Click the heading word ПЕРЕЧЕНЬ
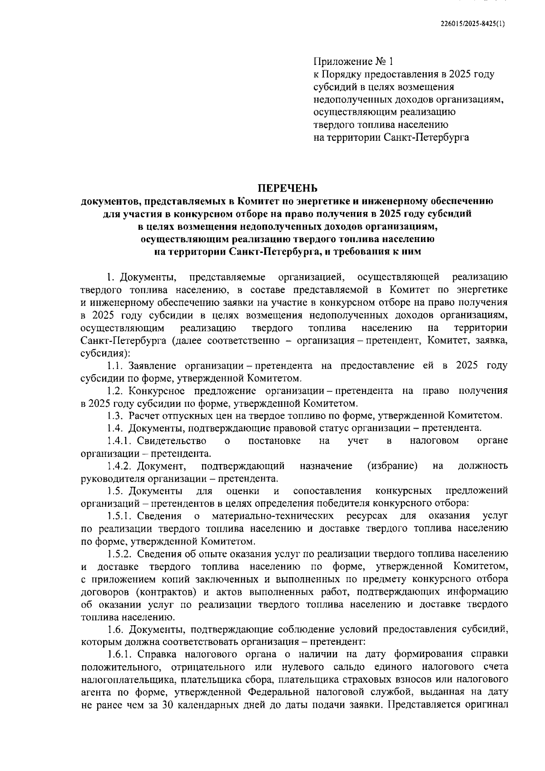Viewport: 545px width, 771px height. click(x=288, y=188)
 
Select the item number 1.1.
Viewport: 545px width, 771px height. click(x=116, y=366)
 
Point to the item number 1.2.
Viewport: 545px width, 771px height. click(x=116, y=390)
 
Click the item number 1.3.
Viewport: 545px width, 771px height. click(x=116, y=415)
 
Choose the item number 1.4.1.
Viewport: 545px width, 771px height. click(x=120, y=440)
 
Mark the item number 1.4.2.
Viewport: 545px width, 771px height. click(x=120, y=465)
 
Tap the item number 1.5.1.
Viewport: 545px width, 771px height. click(x=120, y=516)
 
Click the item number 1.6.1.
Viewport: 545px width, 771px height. click(x=120, y=654)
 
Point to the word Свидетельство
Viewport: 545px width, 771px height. click(x=172, y=440)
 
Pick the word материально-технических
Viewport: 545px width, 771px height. click(x=273, y=516)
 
